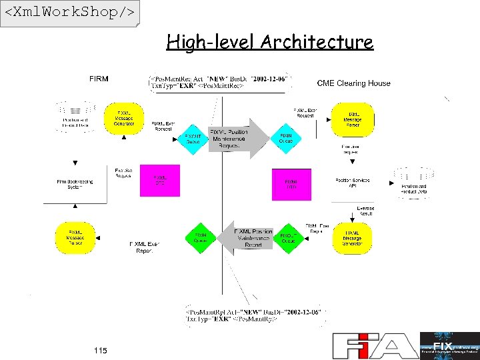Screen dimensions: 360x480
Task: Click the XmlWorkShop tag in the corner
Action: tap(69, 13)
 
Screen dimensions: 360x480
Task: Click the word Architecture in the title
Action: tap(317, 42)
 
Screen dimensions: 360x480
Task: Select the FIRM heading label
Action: tap(99, 79)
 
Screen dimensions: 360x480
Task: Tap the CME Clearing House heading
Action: tap(353, 83)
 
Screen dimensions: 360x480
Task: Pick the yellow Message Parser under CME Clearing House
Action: tap(353, 119)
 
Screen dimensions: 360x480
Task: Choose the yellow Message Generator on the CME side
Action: tap(352, 238)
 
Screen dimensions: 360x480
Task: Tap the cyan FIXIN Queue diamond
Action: tap(286, 139)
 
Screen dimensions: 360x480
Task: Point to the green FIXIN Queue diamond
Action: tap(201, 238)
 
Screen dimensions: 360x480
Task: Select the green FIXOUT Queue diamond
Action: tap(288, 238)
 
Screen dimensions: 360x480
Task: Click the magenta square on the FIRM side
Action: tap(160, 181)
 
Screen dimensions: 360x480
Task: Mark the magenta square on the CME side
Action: tap(291, 185)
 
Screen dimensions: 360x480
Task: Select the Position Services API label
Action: tap(352, 183)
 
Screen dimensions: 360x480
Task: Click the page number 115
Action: tap(100, 350)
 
